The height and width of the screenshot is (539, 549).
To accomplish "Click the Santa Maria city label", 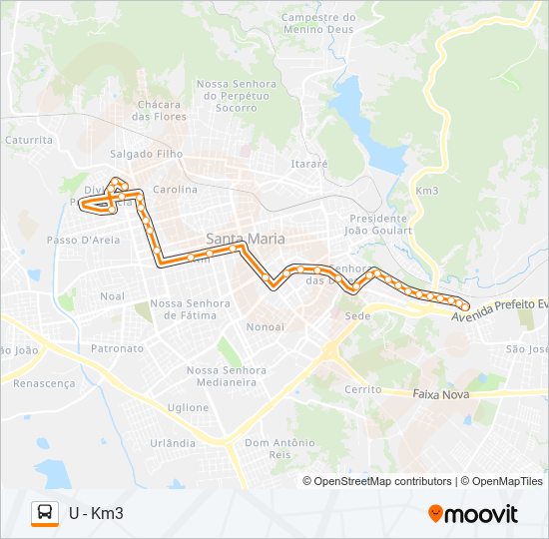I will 245,239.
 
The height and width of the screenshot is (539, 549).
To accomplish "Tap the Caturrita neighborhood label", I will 28,141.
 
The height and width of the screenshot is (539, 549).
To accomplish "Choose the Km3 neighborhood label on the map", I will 426,190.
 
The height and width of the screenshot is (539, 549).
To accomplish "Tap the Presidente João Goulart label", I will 378,224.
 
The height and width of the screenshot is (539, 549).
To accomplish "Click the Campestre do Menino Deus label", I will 318,23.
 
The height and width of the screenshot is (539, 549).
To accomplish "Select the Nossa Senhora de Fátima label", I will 190,308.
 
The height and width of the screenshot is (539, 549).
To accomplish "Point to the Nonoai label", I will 265,326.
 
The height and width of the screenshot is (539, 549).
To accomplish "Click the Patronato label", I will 118,349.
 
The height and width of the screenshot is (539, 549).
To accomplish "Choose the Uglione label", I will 188,407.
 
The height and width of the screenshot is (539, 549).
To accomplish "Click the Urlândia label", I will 172,442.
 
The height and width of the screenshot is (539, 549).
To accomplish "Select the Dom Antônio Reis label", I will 279,448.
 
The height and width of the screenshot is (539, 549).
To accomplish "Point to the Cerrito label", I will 362,388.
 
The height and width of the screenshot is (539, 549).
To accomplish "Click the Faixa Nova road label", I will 440,394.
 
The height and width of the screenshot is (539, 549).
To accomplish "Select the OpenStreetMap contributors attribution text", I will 382,481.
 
